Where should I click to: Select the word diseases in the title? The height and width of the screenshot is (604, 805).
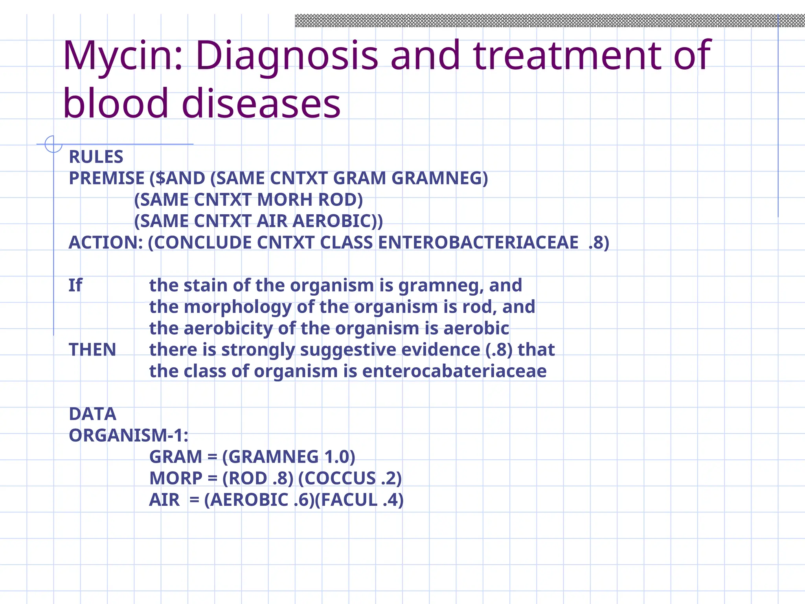[261, 103]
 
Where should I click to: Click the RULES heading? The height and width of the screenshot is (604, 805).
[96, 157]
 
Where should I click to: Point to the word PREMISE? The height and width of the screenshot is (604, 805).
[107, 178]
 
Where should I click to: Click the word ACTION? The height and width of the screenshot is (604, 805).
[106, 243]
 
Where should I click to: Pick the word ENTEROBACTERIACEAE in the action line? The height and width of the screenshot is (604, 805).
[478, 243]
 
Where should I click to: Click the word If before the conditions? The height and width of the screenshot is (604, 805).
[75, 285]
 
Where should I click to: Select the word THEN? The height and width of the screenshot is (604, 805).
[92, 350]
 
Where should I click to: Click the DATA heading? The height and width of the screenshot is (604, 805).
[92, 414]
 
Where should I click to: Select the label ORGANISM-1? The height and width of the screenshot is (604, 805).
[129, 435]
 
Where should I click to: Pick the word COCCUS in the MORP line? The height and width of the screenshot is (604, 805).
[340, 479]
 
